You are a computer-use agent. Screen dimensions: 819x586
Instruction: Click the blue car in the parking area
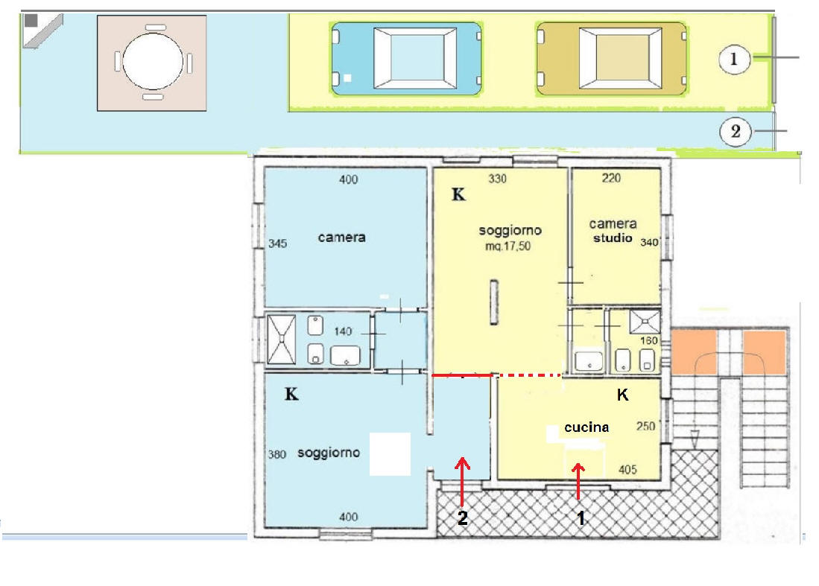(x=407, y=58)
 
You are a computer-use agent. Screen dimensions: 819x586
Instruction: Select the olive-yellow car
(x=612, y=58)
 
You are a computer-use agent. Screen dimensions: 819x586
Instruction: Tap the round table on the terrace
(x=153, y=62)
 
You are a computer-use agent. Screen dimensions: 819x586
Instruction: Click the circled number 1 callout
(x=734, y=59)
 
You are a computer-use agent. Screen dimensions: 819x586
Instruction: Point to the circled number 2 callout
(x=735, y=132)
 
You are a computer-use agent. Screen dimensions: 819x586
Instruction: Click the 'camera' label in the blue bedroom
(x=341, y=238)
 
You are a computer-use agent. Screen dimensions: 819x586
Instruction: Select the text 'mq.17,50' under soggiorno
(x=507, y=246)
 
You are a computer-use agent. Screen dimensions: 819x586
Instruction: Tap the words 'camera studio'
(x=613, y=231)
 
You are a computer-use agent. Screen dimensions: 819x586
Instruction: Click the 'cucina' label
(x=586, y=427)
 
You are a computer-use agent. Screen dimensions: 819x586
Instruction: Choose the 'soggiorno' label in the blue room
(x=329, y=453)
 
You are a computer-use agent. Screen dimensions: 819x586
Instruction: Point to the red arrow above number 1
(x=578, y=481)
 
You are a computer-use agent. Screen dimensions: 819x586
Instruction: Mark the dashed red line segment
(x=531, y=375)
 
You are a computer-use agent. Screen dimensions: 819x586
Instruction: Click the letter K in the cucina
(x=622, y=395)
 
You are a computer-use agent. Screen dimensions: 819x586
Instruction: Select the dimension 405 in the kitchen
(x=627, y=470)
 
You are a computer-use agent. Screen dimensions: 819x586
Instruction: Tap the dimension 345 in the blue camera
(x=277, y=243)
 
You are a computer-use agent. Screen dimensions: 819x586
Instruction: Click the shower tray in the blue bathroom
(x=282, y=340)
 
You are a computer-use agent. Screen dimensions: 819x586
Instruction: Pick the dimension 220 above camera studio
(x=611, y=178)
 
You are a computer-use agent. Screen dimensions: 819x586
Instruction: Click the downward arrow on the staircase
(x=695, y=439)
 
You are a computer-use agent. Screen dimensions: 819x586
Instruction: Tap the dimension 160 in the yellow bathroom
(x=649, y=341)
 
